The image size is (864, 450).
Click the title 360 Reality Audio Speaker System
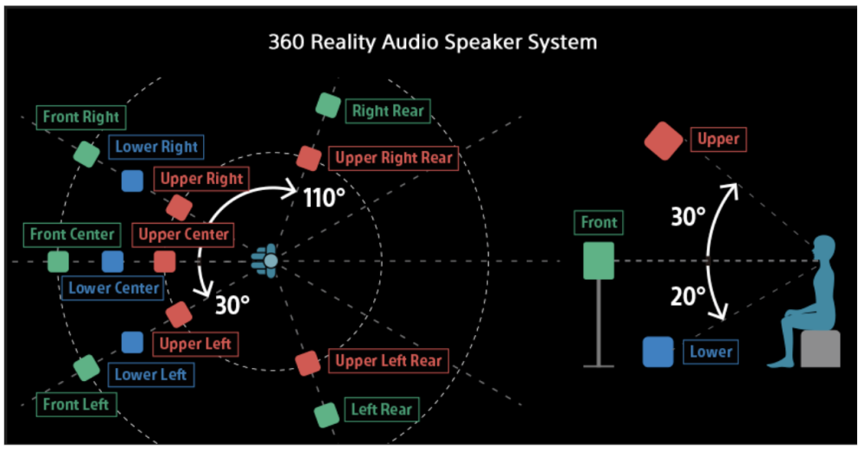point(431,41)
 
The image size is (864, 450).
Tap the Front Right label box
point(81,117)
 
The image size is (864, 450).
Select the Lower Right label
point(156,147)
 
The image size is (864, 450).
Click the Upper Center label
point(183,234)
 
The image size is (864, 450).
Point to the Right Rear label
point(388,111)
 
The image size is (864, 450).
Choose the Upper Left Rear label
point(388,361)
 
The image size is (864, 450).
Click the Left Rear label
point(381,409)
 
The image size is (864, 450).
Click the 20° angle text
point(689,297)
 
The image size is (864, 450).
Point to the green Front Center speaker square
point(59,261)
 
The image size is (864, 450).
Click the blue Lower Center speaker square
point(112,261)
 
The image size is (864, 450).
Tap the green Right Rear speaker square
point(327,105)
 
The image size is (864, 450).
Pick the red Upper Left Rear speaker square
point(307,362)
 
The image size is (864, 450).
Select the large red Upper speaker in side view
point(664,141)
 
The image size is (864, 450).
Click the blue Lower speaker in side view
point(658,352)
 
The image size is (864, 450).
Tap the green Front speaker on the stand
point(599,261)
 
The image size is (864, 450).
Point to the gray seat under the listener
point(820,349)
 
